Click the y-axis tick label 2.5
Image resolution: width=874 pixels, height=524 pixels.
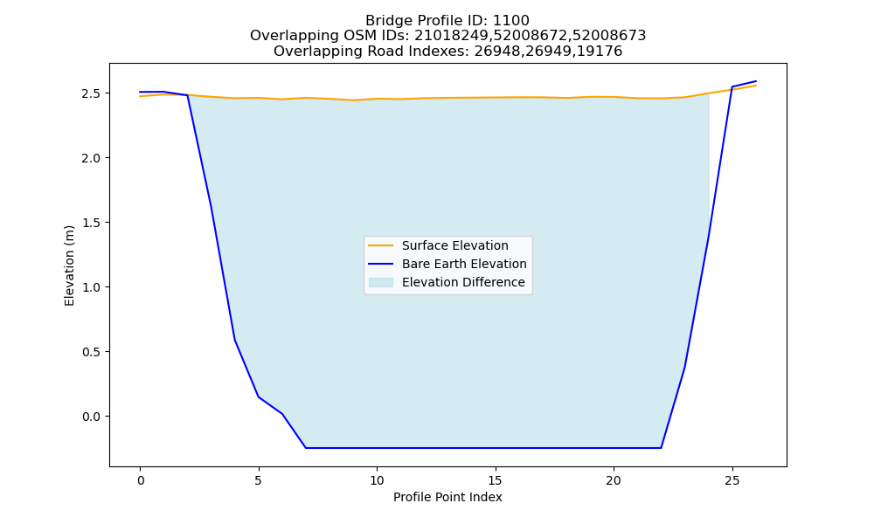click(92, 93)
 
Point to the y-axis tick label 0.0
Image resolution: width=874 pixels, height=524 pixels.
click(92, 417)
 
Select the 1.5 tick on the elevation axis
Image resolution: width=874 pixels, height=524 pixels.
click(92, 223)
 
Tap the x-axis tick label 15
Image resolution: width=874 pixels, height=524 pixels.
click(495, 480)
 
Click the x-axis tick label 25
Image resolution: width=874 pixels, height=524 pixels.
click(732, 480)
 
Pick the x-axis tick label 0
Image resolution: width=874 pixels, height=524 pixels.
click(140, 480)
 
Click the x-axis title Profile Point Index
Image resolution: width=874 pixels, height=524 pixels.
click(447, 497)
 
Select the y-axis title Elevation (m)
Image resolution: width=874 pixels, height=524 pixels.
click(69, 265)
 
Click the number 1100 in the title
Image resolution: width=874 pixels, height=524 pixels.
click(511, 21)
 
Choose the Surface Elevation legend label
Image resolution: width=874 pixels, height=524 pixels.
click(454, 245)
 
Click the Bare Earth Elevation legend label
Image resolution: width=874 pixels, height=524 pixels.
click(464, 264)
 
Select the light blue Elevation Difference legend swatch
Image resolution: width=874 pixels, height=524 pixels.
click(381, 282)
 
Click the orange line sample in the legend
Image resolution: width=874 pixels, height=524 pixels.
click(381, 245)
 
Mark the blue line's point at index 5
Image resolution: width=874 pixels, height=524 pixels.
click(259, 396)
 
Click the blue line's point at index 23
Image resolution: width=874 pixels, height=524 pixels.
click(684, 367)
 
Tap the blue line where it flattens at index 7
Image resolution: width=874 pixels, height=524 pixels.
click(305, 448)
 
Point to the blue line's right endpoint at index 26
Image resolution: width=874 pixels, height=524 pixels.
click(756, 81)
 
